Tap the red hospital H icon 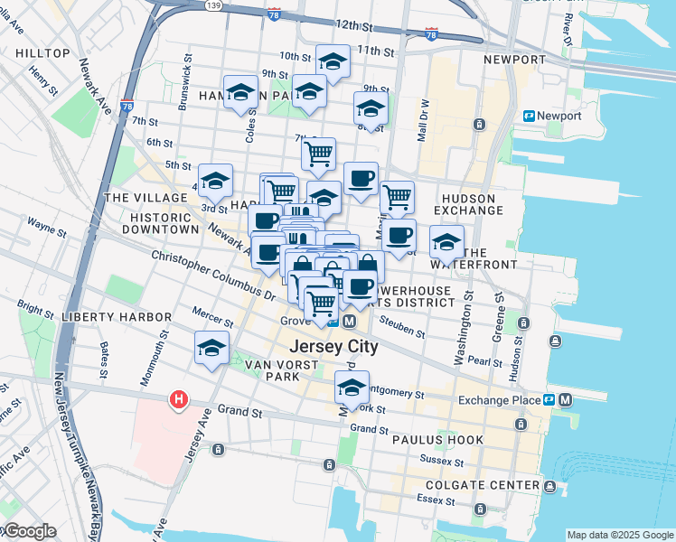pyautogui.click(x=179, y=398)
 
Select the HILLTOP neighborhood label pyautogui.click(x=42, y=53)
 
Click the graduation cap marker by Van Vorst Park pyautogui.click(x=211, y=348)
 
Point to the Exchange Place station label pyautogui.click(x=498, y=400)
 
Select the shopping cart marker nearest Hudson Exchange pyautogui.click(x=397, y=196)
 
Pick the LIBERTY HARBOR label pyautogui.click(x=117, y=317)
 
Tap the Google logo pyautogui.click(x=29, y=531)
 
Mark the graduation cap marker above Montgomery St pyautogui.click(x=352, y=388)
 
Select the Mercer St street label pyautogui.click(x=213, y=316)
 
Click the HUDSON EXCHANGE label pyautogui.click(x=468, y=204)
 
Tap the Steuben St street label pyautogui.click(x=402, y=326)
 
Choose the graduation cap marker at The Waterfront pyautogui.click(x=446, y=241)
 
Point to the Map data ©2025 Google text pyautogui.click(x=619, y=535)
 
